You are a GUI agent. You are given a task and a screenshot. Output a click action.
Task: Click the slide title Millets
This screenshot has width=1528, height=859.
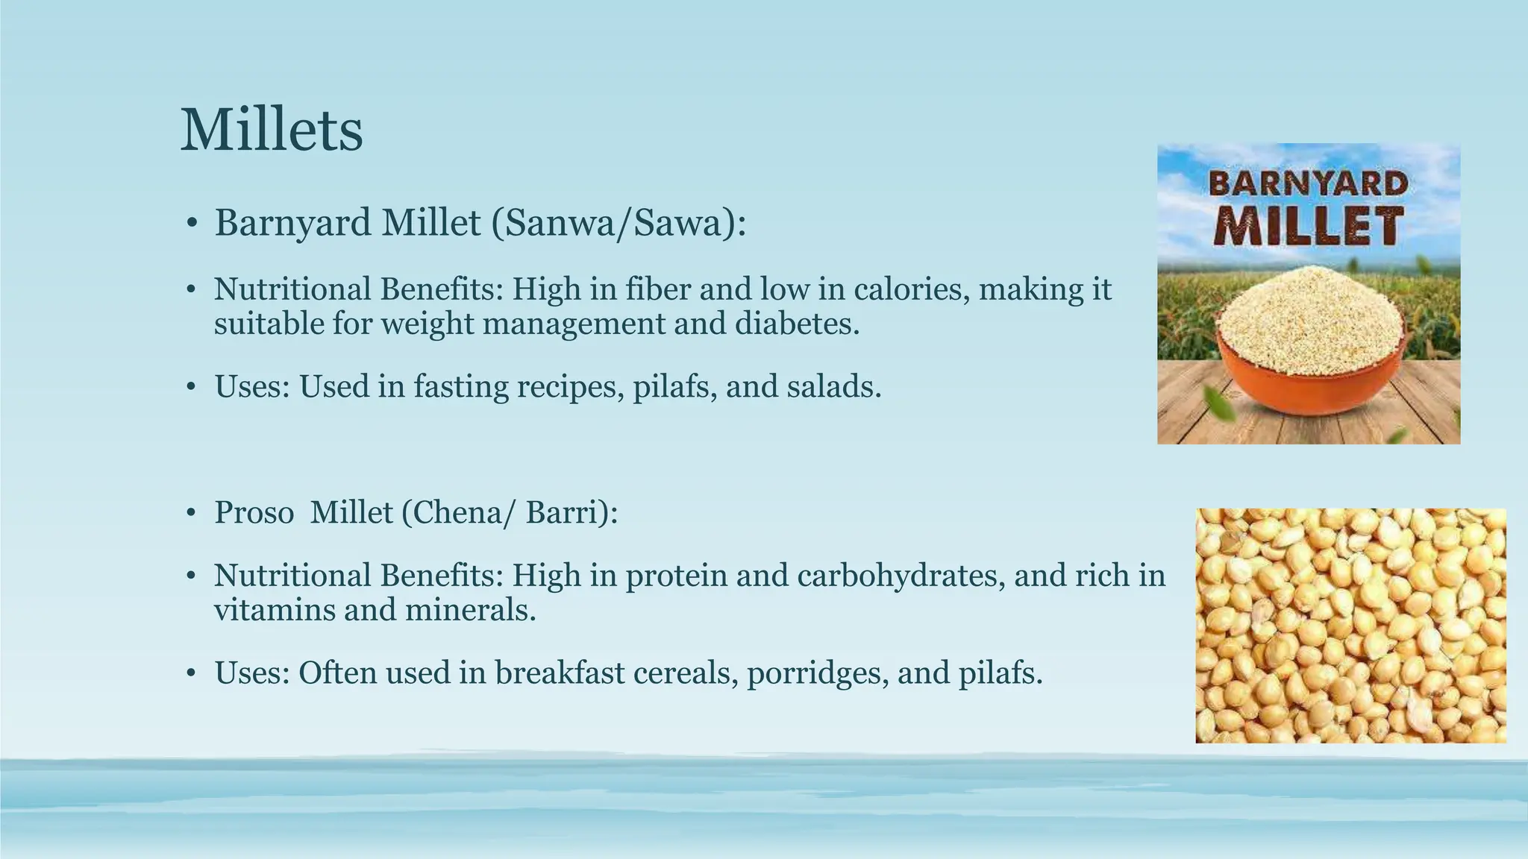pos(272,130)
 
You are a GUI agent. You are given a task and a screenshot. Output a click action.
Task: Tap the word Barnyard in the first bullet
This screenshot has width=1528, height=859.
pos(292,223)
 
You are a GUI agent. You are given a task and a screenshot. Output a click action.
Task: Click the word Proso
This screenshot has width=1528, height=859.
pos(254,512)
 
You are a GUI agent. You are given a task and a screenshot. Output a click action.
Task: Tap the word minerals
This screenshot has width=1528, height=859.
pos(470,610)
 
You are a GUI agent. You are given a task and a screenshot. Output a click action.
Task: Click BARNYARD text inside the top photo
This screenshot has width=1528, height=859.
pos(1308,183)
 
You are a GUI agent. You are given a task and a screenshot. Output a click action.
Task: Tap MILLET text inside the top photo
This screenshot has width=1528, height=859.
pos(1308,227)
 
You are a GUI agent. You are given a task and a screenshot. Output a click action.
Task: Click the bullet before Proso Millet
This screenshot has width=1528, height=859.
pos(192,513)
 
